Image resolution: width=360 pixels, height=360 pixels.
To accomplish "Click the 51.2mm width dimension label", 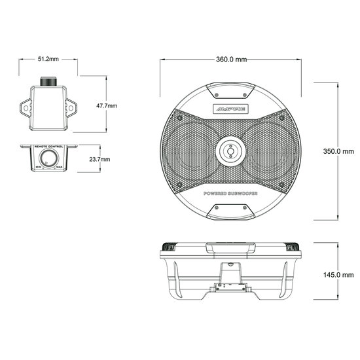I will click(48, 59).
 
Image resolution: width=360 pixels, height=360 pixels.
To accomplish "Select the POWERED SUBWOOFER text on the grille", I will click(231, 194).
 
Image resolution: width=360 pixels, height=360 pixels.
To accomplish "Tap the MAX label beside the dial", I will click(60, 168).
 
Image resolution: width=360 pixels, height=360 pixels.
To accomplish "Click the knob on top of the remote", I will click(48, 82).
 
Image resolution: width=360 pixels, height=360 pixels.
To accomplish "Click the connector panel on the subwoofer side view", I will click(230, 286).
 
